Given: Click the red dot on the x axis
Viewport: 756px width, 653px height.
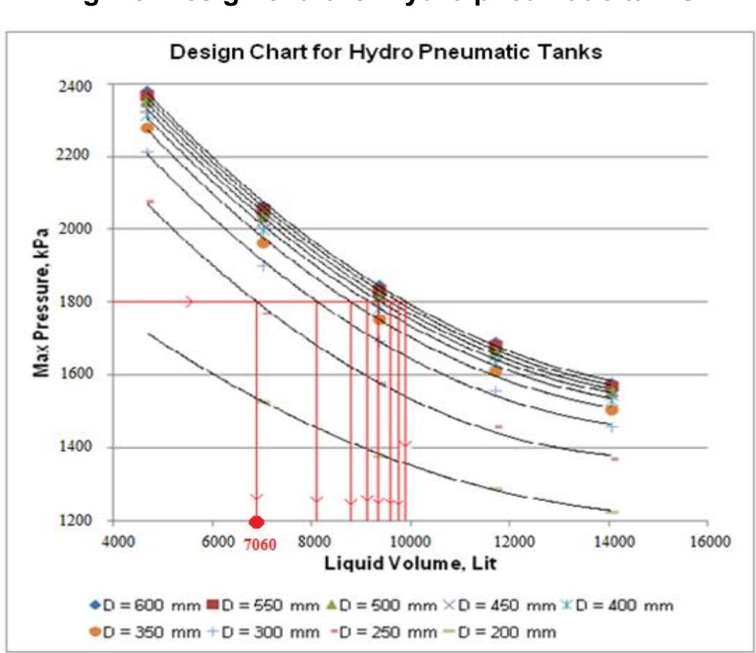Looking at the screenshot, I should point(257,522).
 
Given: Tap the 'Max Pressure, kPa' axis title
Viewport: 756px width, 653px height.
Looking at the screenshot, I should point(42,302).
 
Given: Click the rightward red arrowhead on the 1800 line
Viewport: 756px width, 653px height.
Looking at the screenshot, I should point(189,302).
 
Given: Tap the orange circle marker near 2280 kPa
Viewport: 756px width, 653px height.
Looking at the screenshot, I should point(148,127).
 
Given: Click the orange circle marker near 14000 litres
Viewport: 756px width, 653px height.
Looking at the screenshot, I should point(612,409).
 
